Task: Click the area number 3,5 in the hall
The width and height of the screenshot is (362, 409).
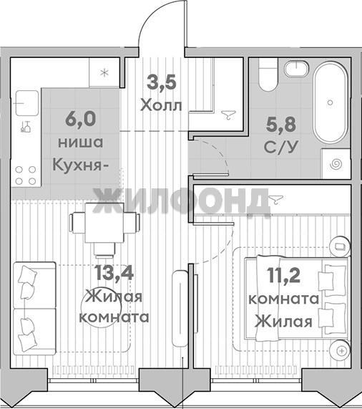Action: tap(162, 82)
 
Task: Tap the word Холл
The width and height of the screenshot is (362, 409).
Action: tap(161, 105)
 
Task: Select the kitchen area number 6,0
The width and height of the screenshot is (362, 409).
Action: tap(81, 119)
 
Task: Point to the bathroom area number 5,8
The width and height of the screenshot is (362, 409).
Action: tap(280, 124)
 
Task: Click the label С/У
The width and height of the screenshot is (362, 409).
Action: tap(280, 148)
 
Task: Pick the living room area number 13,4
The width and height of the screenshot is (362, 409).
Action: tap(114, 272)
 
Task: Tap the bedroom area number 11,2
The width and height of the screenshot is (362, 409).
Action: tap(283, 275)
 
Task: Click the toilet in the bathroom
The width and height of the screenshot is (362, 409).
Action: tap(268, 74)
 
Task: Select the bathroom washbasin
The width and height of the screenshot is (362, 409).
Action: tap(296, 69)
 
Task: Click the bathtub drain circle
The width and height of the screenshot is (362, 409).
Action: tap(330, 102)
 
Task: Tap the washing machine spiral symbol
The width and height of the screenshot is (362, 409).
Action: tap(336, 164)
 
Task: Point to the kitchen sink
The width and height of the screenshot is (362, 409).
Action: tap(26, 103)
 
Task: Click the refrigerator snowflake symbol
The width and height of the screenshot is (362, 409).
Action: tap(104, 72)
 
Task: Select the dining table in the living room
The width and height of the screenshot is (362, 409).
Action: tap(104, 223)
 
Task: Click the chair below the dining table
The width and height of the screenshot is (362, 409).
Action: tap(104, 250)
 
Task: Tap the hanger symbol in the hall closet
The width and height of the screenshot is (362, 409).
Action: tap(229, 115)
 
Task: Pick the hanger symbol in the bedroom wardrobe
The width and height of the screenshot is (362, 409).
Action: tap(276, 199)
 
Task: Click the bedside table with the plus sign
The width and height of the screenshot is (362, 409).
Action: tap(341, 351)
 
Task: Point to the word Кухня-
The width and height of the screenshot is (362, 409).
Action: tap(80, 165)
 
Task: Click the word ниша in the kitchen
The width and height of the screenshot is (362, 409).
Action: tap(80, 143)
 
